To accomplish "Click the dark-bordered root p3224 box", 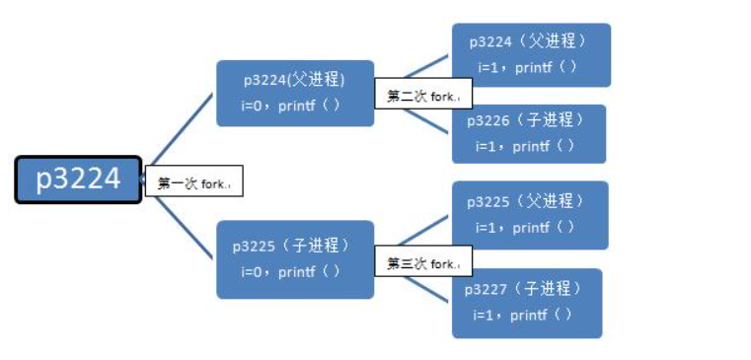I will click(x=78, y=179).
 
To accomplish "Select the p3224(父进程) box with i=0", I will click(x=295, y=93).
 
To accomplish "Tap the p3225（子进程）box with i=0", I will click(x=295, y=258).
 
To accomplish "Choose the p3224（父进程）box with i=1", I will click(x=531, y=54).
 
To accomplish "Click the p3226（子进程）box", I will click(x=529, y=133).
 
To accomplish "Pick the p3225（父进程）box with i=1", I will click(x=529, y=214).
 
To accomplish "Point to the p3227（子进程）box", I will click(x=527, y=303).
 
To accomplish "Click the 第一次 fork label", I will click(x=193, y=182).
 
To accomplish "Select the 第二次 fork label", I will click(x=422, y=96).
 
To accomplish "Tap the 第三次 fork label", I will click(x=422, y=263).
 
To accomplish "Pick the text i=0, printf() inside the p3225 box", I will click(x=290, y=271).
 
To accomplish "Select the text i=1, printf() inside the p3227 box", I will click(x=522, y=316).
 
